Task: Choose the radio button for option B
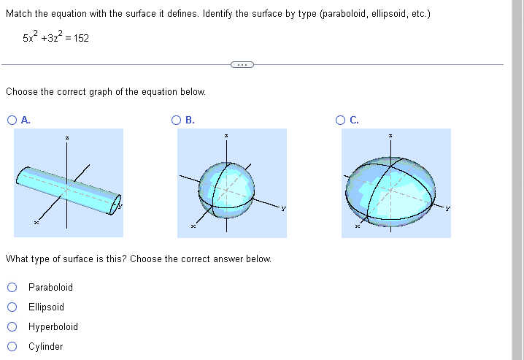pyautogui.click(x=177, y=121)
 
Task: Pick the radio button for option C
pyautogui.click(x=341, y=121)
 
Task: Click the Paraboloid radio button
pyautogui.click(x=12, y=288)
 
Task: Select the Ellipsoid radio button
pyautogui.click(x=12, y=307)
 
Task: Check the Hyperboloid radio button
pyautogui.click(x=12, y=327)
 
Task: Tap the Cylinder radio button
pyautogui.click(x=12, y=347)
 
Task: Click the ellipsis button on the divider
pyautogui.click(x=241, y=65)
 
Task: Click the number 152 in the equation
pyautogui.click(x=80, y=38)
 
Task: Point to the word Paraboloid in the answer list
pyautogui.click(x=50, y=288)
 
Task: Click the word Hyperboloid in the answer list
pyautogui.click(x=53, y=327)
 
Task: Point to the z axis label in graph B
pyautogui.click(x=226, y=137)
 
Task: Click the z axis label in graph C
pyautogui.click(x=390, y=137)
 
